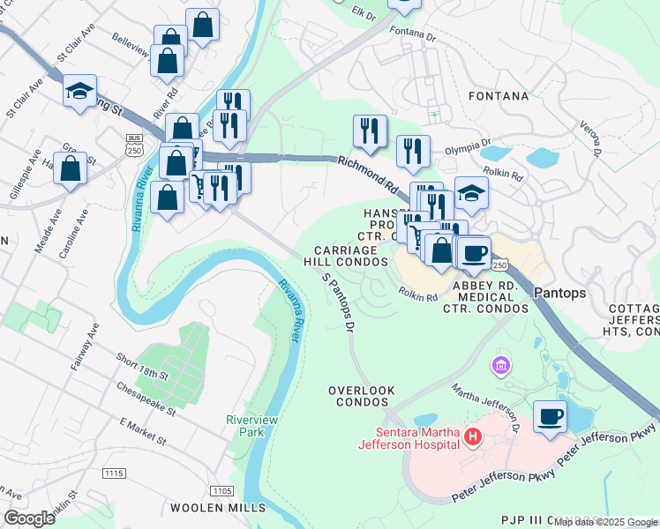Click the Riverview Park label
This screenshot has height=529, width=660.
click(x=251, y=426)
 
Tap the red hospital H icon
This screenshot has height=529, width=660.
click(x=473, y=436)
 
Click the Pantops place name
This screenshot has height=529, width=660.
click(x=560, y=293)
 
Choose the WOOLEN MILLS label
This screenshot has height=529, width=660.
click(x=217, y=508)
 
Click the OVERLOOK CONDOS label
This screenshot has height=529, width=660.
click(x=358, y=395)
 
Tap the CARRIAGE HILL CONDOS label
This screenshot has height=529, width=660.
click(x=346, y=256)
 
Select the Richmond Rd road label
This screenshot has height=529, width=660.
click(x=367, y=174)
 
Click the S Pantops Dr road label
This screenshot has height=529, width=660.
click(x=339, y=302)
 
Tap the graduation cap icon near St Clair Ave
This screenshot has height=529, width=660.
click(x=79, y=92)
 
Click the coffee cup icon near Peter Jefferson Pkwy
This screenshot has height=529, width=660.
click(x=551, y=416)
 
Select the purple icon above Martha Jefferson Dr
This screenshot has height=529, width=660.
click(x=500, y=365)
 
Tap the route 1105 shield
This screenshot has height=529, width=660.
click(x=221, y=489)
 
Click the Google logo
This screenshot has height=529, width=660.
click(x=29, y=518)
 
